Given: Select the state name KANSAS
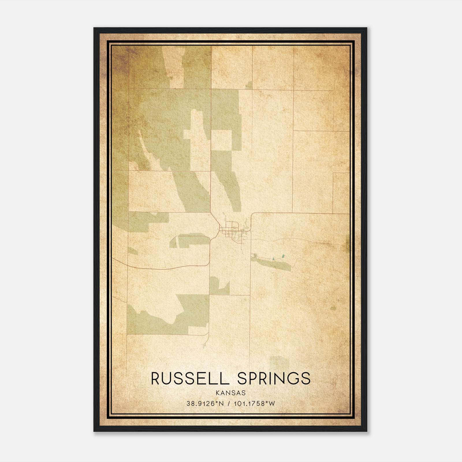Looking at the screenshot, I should (230, 393).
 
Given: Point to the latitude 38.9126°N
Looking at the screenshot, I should (205, 403).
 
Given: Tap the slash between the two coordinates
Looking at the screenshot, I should (229, 403).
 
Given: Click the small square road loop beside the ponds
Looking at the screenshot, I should (254, 255).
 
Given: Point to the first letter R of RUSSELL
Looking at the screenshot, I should (155, 379).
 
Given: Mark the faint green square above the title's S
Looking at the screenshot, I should (279, 362).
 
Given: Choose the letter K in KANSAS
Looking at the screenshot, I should (217, 393).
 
